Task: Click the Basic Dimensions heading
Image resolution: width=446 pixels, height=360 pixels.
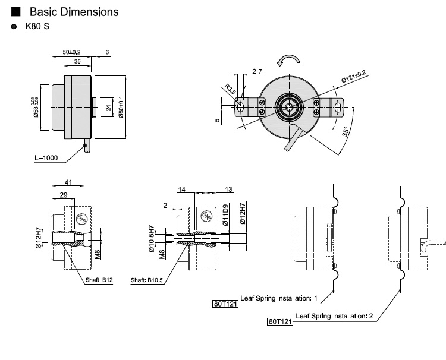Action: pyautogui.click(x=73, y=12)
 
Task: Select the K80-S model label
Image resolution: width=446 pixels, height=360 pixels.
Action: pyautogui.click(x=36, y=28)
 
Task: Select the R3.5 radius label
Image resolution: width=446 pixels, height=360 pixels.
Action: pyautogui.click(x=230, y=91)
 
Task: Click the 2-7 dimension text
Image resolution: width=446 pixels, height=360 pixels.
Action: pyautogui.click(x=257, y=71)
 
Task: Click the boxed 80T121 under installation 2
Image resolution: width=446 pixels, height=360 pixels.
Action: pyautogui.click(x=280, y=323)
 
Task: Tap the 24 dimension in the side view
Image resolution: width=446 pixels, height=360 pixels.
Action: pyautogui.click(x=108, y=108)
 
